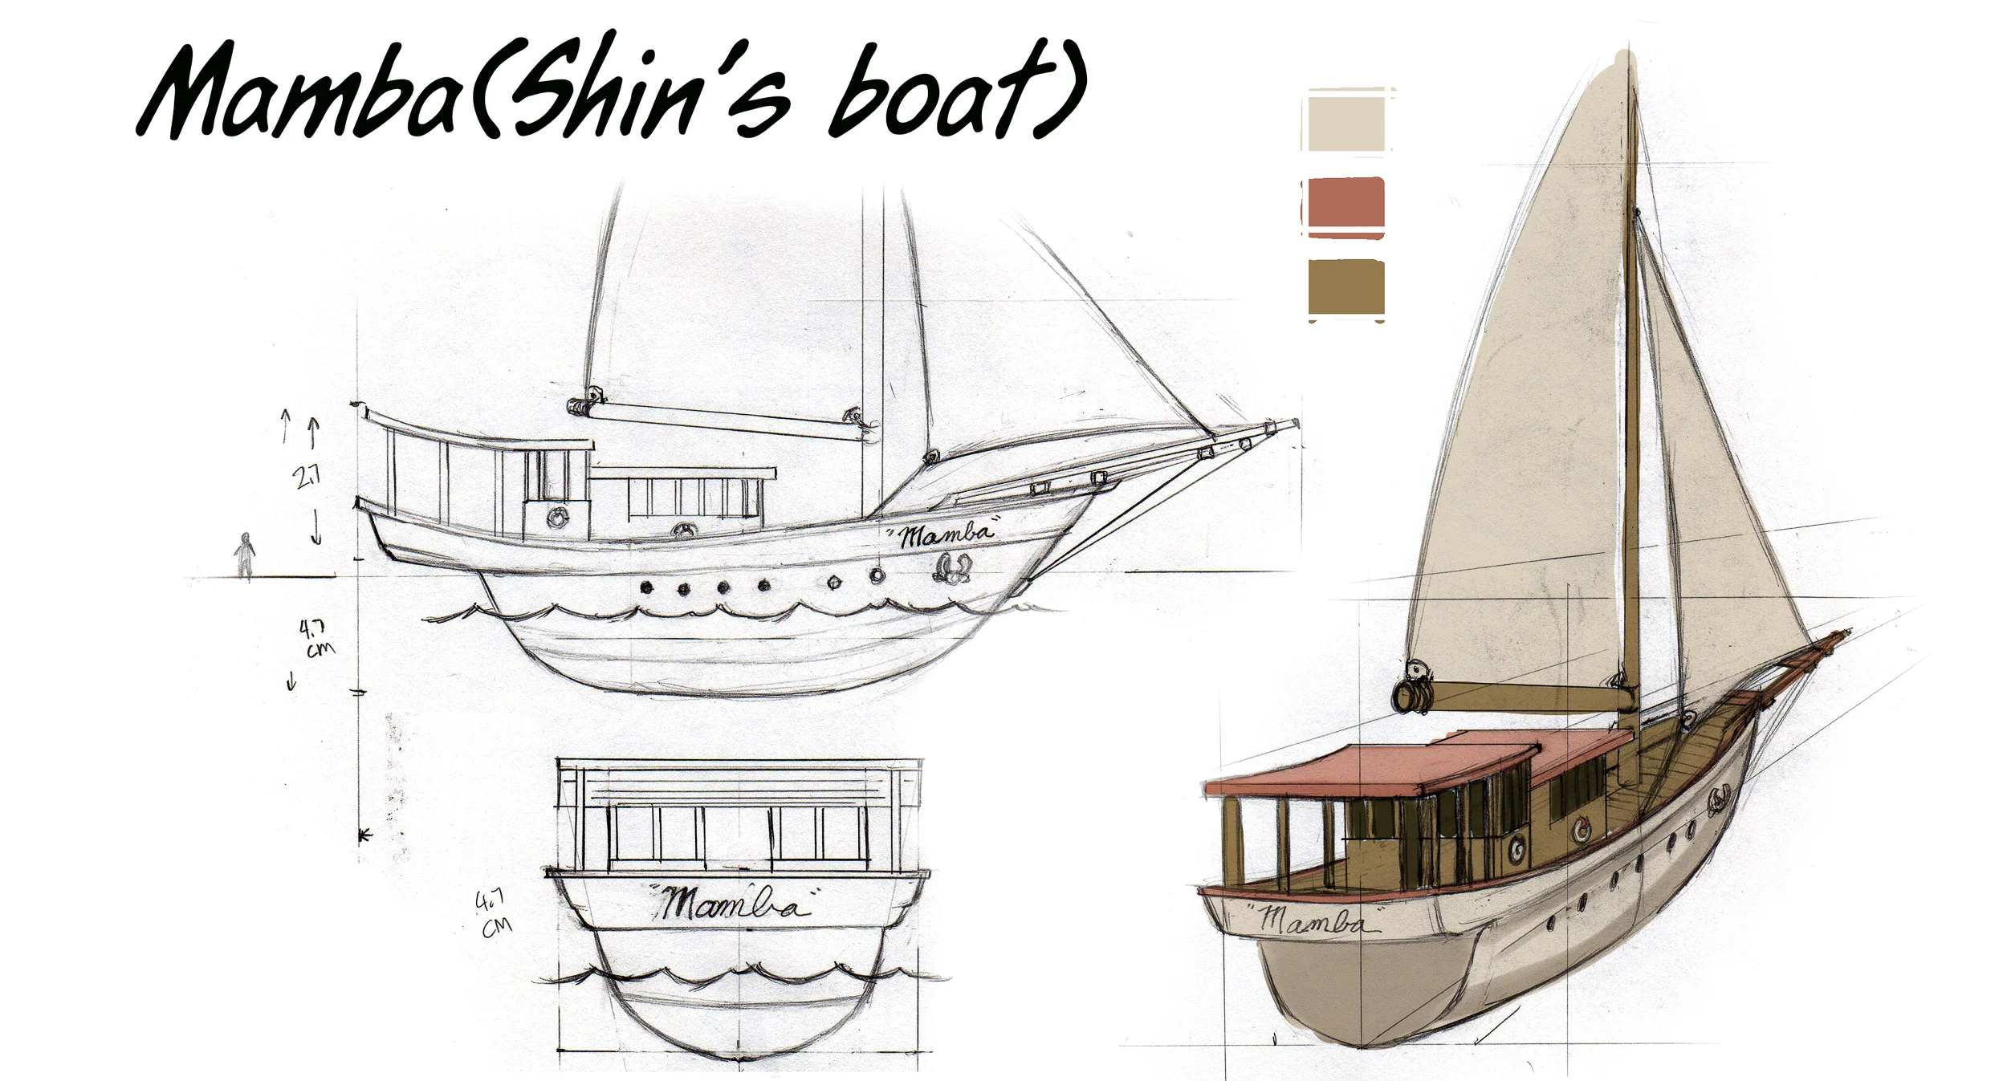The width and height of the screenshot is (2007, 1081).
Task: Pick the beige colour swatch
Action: pos(1346,123)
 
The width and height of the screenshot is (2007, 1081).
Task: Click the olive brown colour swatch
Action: pos(1346,287)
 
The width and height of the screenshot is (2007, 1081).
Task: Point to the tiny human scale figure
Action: pos(245,555)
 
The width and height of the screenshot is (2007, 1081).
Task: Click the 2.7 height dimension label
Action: pos(307,477)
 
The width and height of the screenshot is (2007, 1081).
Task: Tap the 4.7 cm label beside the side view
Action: pos(316,638)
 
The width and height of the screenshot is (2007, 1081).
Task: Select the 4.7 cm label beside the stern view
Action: pos(493,914)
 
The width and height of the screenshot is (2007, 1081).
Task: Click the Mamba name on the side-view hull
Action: pos(944,534)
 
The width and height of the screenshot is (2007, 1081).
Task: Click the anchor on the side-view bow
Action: pos(951,567)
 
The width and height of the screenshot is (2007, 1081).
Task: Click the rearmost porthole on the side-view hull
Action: pos(646,587)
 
